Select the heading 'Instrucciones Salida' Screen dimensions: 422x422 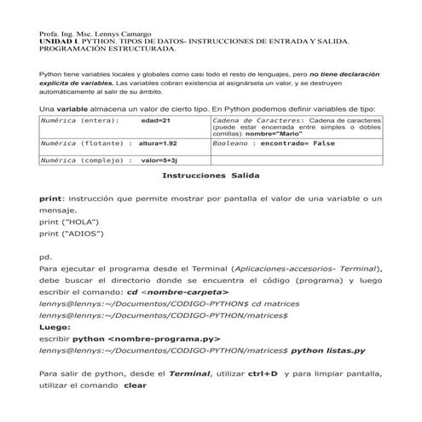coord(210,175)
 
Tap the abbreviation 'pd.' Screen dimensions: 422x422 coord(46,256)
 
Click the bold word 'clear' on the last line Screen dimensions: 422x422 coord(136,384)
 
